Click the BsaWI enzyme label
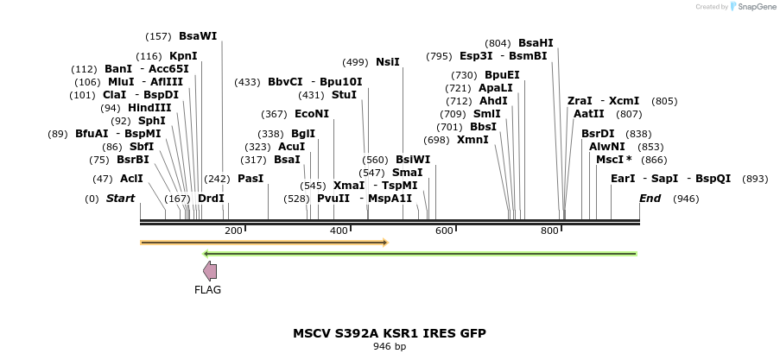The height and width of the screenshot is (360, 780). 197,36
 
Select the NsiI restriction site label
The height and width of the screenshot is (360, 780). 387,62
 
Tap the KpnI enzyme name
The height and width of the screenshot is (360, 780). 183,56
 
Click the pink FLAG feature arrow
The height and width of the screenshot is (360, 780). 209,271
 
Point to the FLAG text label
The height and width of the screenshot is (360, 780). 207,290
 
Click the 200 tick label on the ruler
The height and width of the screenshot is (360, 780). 233,231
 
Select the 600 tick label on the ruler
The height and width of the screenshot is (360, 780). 444,231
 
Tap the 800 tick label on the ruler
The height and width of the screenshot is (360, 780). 549,231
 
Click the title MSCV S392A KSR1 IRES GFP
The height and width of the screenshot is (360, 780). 389,333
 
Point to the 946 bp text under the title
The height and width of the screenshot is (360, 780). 389,347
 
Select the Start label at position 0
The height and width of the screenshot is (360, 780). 121,199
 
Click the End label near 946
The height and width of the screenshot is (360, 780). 650,199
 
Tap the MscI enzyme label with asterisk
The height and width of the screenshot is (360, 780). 613,160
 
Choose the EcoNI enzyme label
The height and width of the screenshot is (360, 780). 312,114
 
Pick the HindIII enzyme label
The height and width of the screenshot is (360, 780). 149,108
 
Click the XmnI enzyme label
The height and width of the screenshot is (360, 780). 472,140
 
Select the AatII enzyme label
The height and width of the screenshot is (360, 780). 589,114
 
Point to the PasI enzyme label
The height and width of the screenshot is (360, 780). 250,179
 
